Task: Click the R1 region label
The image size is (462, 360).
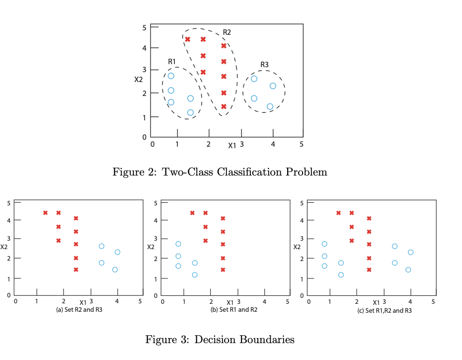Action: [x=172, y=61]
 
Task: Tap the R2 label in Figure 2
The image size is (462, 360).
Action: [x=227, y=32]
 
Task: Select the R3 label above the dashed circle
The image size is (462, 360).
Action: [x=264, y=65]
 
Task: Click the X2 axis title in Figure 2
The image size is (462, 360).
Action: [x=139, y=79]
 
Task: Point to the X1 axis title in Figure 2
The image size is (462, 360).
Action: [x=232, y=145]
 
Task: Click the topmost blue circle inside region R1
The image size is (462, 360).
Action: [x=171, y=76]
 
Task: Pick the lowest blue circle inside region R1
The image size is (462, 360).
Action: [x=190, y=112]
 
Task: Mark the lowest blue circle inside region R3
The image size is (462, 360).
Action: [x=270, y=106]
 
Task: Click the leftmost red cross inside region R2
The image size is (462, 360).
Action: [x=187, y=39]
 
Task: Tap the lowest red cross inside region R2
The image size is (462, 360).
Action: [x=224, y=106]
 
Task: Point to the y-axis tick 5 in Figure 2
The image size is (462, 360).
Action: [x=144, y=28]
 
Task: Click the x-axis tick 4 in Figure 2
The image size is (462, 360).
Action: [x=273, y=144]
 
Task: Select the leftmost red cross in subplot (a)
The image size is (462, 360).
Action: [x=45, y=213]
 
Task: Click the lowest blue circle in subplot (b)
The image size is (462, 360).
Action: [x=195, y=275]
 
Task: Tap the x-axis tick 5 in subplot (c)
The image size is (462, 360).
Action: [x=434, y=301]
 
